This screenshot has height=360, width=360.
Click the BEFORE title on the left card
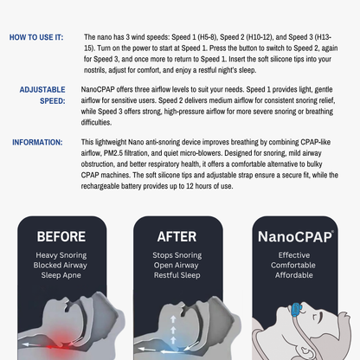pyautogui.click(x=61, y=236)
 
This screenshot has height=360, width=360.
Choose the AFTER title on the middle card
pyautogui.click(x=177, y=236)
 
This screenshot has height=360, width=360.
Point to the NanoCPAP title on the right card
pyautogui.click(x=294, y=236)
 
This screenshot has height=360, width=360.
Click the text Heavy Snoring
pyautogui.click(x=61, y=255)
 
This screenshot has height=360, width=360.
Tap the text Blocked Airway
pyautogui.click(x=61, y=266)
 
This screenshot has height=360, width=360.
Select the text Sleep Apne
pyautogui.click(x=61, y=276)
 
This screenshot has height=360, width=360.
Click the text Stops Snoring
pyautogui.click(x=177, y=255)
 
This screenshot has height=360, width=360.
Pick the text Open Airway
pyautogui.click(x=177, y=266)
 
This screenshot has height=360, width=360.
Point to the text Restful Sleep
pyautogui.click(x=177, y=276)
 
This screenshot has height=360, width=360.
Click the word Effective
pyautogui.click(x=294, y=255)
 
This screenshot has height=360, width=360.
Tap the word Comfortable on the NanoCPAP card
pyautogui.click(x=294, y=266)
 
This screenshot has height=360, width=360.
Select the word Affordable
pyautogui.click(x=294, y=276)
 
